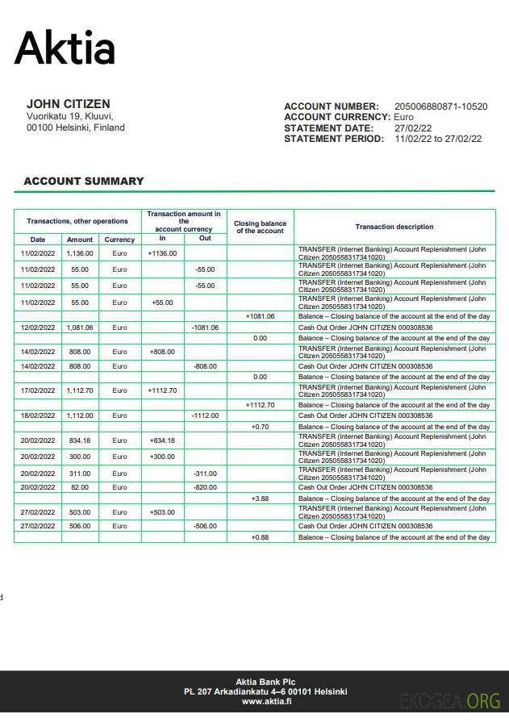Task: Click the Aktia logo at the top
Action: (x=65, y=48)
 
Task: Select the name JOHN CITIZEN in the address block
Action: (x=69, y=104)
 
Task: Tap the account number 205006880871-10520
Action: (x=440, y=106)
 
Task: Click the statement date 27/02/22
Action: (x=413, y=128)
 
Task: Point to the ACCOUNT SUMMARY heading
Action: (x=84, y=182)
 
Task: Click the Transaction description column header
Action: (x=394, y=227)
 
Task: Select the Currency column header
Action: (x=119, y=240)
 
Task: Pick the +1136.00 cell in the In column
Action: (x=162, y=253)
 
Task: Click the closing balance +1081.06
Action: (x=260, y=316)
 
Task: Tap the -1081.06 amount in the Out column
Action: (x=205, y=328)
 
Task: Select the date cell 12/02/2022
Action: (x=38, y=328)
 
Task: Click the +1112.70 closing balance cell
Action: (x=260, y=405)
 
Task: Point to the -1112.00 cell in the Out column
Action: (x=205, y=415)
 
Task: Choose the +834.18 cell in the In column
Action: (x=162, y=440)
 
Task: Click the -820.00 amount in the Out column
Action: (x=205, y=487)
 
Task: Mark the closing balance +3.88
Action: (x=260, y=499)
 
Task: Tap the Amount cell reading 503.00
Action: (x=80, y=512)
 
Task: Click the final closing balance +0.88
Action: (x=260, y=537)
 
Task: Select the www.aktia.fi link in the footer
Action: (x=266, y=702)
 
